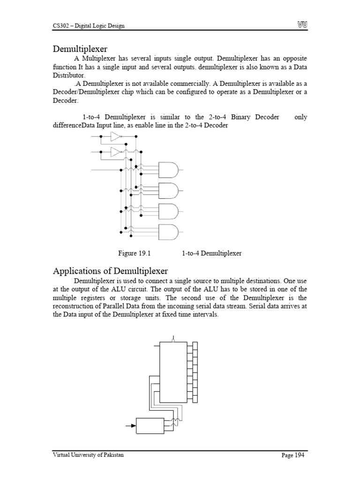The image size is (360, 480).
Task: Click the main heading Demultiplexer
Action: click(80, 49)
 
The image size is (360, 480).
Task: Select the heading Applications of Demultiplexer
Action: click(110, 271)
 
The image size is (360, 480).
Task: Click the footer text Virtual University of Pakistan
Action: click(88, 455)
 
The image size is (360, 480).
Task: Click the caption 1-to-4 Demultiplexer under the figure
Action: click(211, 253)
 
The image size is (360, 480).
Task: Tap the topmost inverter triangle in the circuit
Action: click(115, 136)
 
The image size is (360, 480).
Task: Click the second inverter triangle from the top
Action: click(115, 152)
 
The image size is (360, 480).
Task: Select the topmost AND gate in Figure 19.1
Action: click(169, 169)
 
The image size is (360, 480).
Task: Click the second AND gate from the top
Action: click(169, 190)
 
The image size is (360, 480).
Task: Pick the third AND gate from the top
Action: click(169, 211)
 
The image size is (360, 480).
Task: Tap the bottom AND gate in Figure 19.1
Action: click(169, 232)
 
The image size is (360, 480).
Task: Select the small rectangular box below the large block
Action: click(149, 426)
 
